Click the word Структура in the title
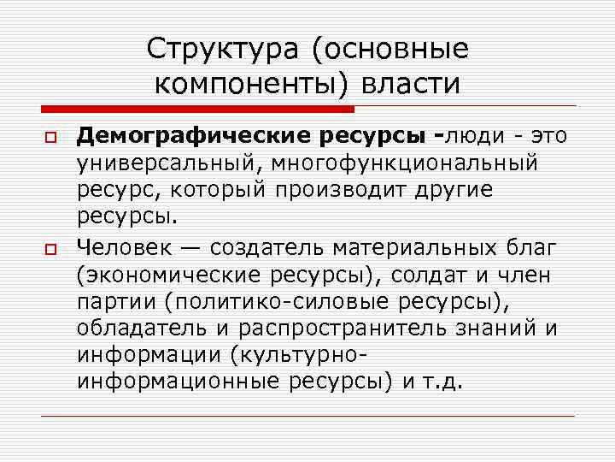221,49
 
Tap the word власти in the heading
411,84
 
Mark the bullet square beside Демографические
50,138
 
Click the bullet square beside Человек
50,249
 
